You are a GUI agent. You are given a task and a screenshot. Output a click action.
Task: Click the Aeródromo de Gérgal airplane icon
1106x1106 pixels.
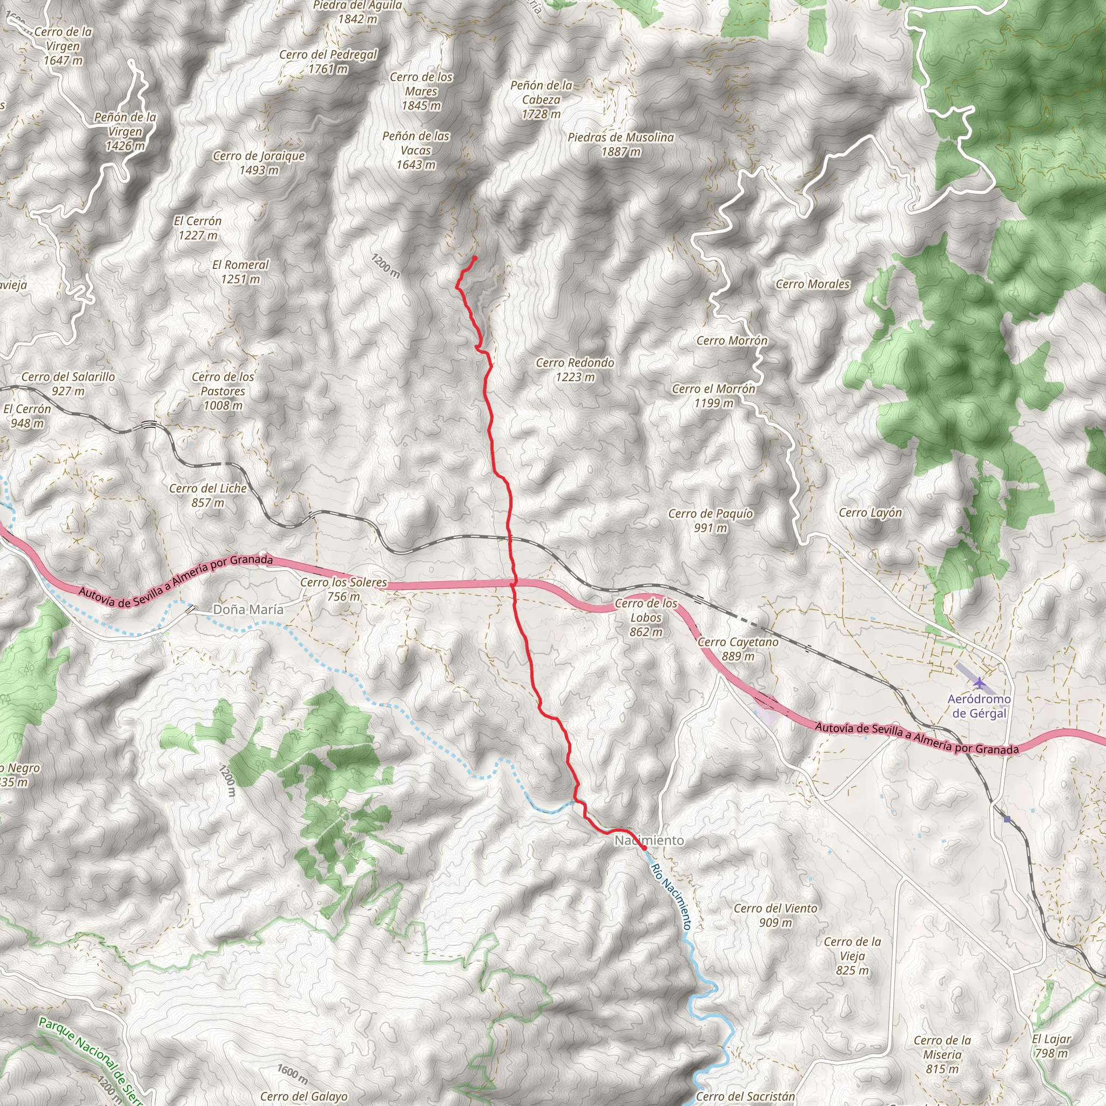coord(980,683)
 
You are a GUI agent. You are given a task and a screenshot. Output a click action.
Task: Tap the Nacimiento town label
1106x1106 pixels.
coord(649,840)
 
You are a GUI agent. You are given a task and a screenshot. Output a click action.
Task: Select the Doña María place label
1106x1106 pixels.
coord(248,610)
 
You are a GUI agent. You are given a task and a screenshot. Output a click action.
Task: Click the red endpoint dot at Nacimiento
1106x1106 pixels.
coord(644,847)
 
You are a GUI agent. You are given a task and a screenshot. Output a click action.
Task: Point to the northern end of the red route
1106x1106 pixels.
coord(475,258)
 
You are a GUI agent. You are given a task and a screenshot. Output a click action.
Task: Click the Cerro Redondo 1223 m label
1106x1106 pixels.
coord(575,370)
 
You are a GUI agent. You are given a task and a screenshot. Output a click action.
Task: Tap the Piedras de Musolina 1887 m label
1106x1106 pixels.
coord(621,144)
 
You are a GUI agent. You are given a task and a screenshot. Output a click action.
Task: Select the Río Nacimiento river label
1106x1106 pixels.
coord(671,896)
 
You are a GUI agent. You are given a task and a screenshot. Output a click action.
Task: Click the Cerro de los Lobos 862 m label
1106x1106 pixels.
coord(646,618)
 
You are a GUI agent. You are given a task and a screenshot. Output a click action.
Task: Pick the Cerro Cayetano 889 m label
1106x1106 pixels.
coord(738,649)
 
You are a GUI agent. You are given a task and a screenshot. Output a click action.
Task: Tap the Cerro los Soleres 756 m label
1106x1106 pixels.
coord(343,589)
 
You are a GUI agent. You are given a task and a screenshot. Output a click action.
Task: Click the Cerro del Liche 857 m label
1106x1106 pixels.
coord(208,495)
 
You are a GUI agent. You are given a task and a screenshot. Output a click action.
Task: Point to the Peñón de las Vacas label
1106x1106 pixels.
coord(416,150)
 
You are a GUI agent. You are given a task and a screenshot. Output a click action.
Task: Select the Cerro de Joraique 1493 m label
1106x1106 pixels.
coord(259,163)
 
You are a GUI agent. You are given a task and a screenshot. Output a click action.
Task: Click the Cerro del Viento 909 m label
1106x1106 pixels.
coord(775,915)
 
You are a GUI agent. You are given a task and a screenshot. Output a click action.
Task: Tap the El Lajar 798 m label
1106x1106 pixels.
coord(1051,1046)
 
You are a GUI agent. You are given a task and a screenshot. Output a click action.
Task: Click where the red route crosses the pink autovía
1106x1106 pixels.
coord(514,583)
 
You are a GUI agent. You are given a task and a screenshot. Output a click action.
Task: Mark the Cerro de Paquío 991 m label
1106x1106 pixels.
coord(711,521)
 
